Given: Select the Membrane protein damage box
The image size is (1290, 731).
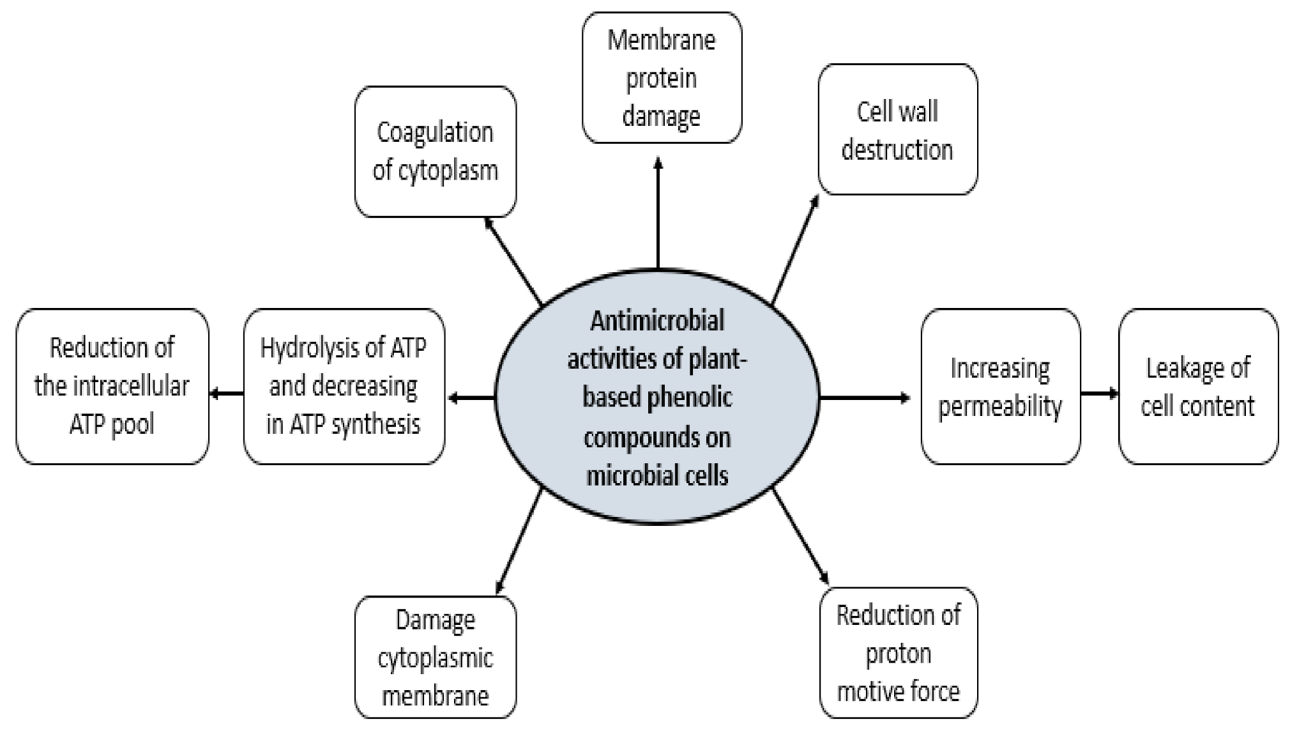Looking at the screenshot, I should [662, 78].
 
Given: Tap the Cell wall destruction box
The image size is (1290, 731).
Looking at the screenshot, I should [897, 130].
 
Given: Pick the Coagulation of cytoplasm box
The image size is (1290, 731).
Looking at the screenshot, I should [435, 151].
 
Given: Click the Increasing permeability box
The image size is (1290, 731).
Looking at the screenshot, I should [1000, 387].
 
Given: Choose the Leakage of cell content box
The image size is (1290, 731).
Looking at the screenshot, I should [1197, 387].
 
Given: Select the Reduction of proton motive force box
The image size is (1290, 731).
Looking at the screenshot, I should [898, 653].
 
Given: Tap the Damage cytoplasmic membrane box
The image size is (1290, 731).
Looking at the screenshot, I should [435, 658].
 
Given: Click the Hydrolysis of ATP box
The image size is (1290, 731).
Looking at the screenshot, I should [344, 387].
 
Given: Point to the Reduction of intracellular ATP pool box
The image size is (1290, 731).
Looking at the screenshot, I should [112, 387].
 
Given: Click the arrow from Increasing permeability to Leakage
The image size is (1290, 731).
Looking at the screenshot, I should [1099, 394].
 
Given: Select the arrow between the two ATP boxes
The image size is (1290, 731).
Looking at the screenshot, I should [226, 394].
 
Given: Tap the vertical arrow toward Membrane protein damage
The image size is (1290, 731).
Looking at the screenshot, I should [658, 214].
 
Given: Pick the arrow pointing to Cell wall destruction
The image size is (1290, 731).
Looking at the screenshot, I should [796, 249].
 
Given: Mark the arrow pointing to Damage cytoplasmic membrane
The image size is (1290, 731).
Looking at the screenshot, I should [519, 540].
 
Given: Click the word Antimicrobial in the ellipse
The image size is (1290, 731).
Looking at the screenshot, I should [657, 321].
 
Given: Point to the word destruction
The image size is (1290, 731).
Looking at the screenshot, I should [897, 150].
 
